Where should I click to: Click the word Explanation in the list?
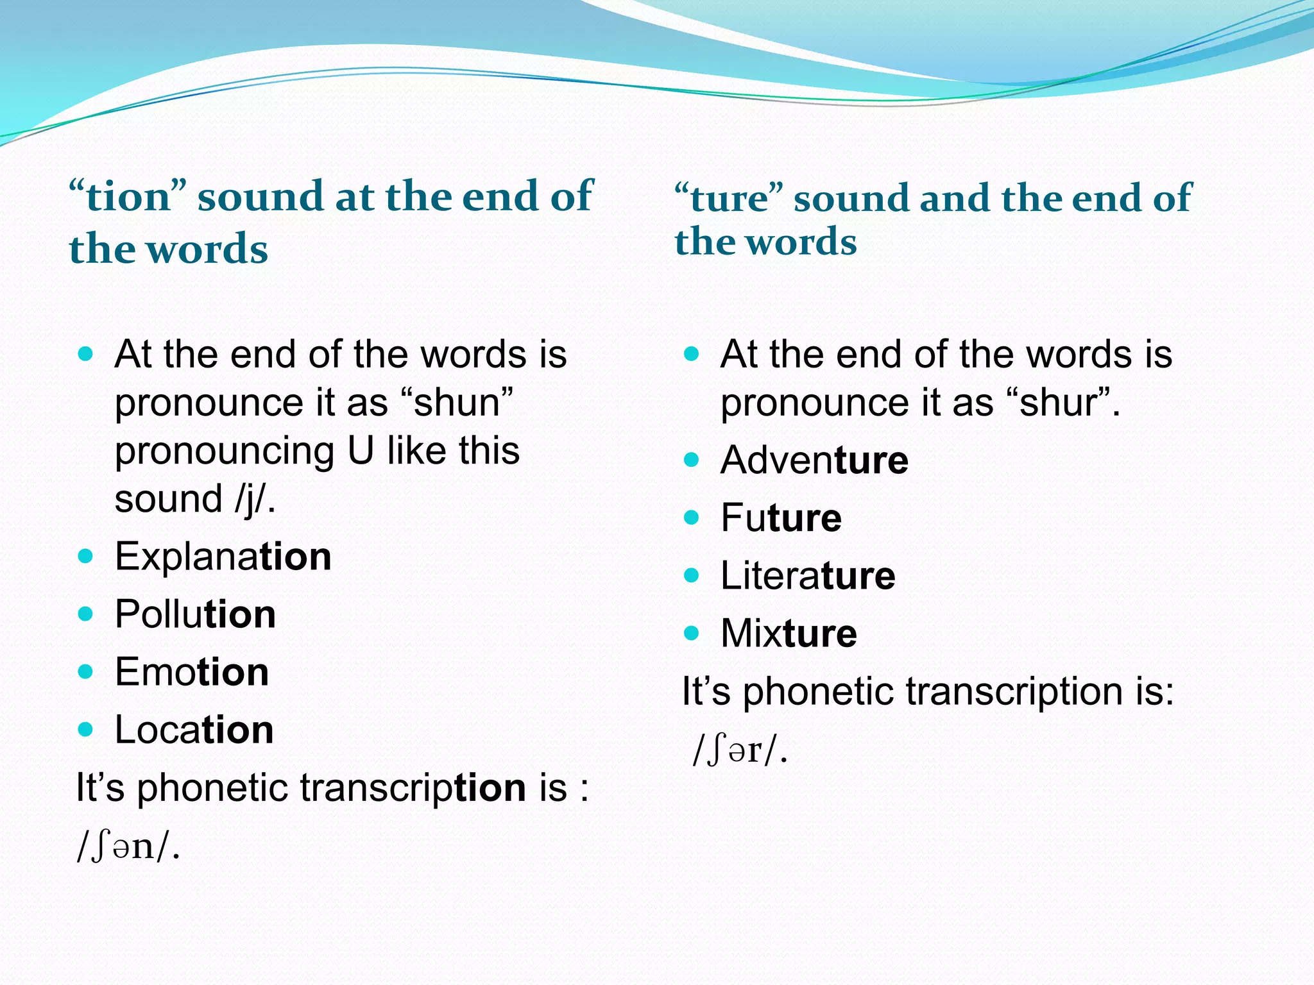pos(223,557)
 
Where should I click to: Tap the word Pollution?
pos(195,614)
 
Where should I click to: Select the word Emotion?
pos(191,672)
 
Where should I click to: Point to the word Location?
pos(194,730)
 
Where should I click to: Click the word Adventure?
pos(814,460)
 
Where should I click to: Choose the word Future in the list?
pos(780,518)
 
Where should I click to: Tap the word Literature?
pos(807,576)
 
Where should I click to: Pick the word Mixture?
pos(788,634)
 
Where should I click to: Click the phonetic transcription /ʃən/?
pos(128,848)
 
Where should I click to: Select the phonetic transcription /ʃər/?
pos(739,750)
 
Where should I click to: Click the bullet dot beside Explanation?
pos(85,556)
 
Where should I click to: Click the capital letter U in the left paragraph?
pos(361,451)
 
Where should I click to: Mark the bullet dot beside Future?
pos(691,518)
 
